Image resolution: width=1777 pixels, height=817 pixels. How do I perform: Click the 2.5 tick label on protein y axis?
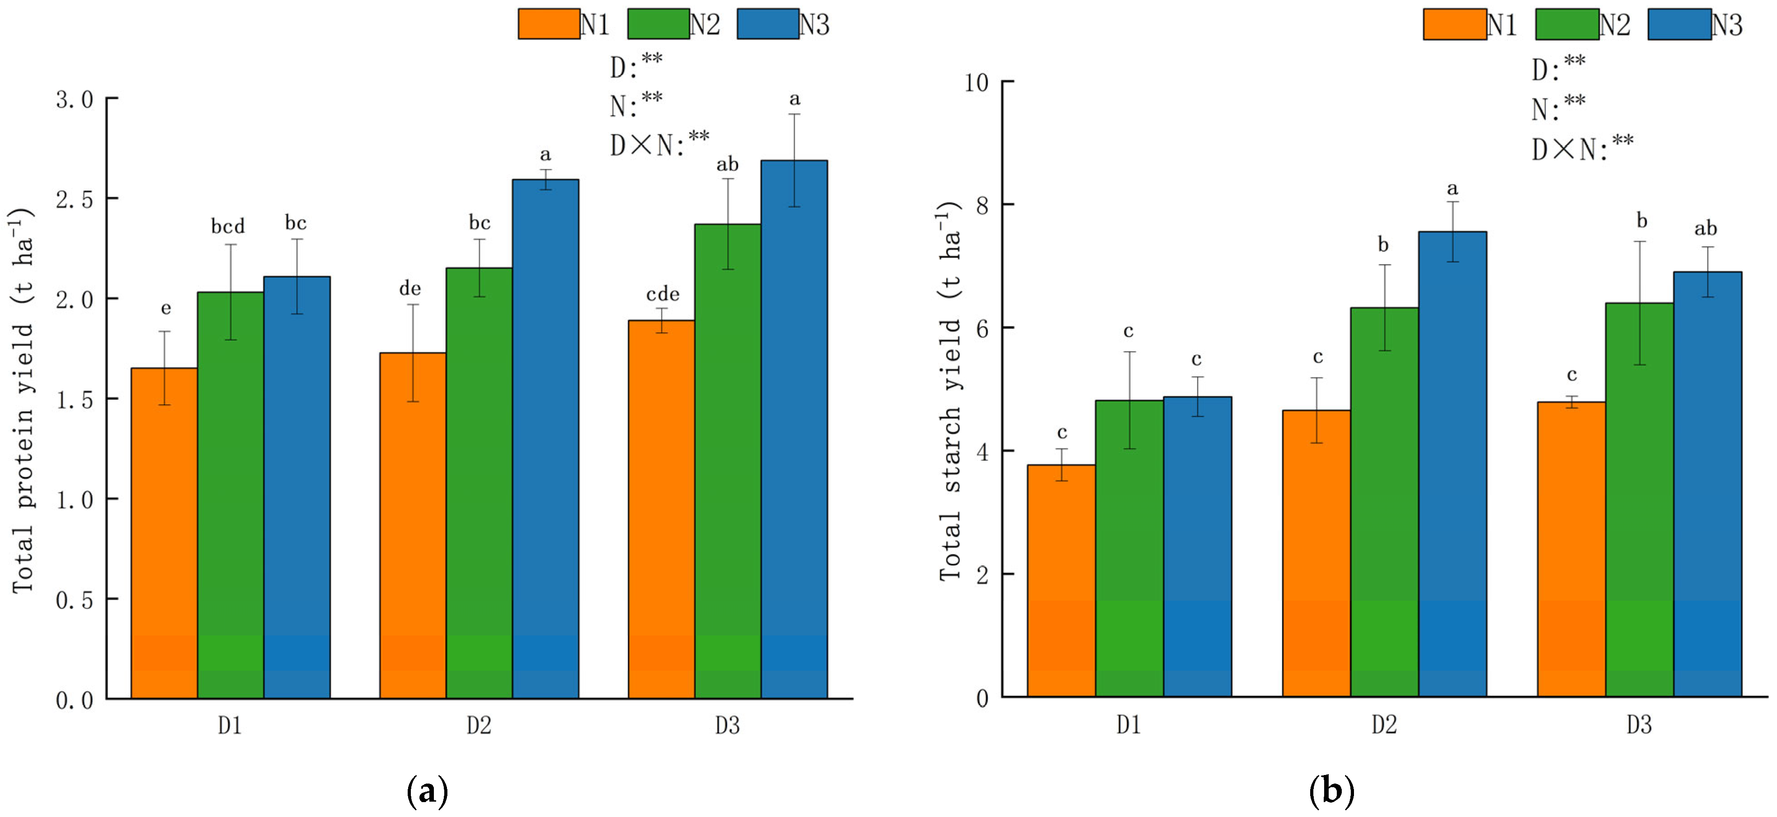(x=74, y=200)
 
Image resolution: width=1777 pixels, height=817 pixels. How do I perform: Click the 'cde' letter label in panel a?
(x=662, y=294)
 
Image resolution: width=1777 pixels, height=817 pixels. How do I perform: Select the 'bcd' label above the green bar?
(x=228, y=226)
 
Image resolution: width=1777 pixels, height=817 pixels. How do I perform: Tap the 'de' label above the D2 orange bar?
(x=410, y=289)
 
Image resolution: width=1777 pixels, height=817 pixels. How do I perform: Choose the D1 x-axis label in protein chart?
(x=230, y=726)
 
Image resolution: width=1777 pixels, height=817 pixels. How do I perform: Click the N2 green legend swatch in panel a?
(x=658, y=24)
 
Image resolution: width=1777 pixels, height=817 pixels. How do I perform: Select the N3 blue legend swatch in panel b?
(x=1679, y=24)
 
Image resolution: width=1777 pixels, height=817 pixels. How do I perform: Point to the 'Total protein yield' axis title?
(x=22, y=400)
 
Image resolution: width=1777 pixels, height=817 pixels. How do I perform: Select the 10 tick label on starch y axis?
(x=976, y=83)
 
